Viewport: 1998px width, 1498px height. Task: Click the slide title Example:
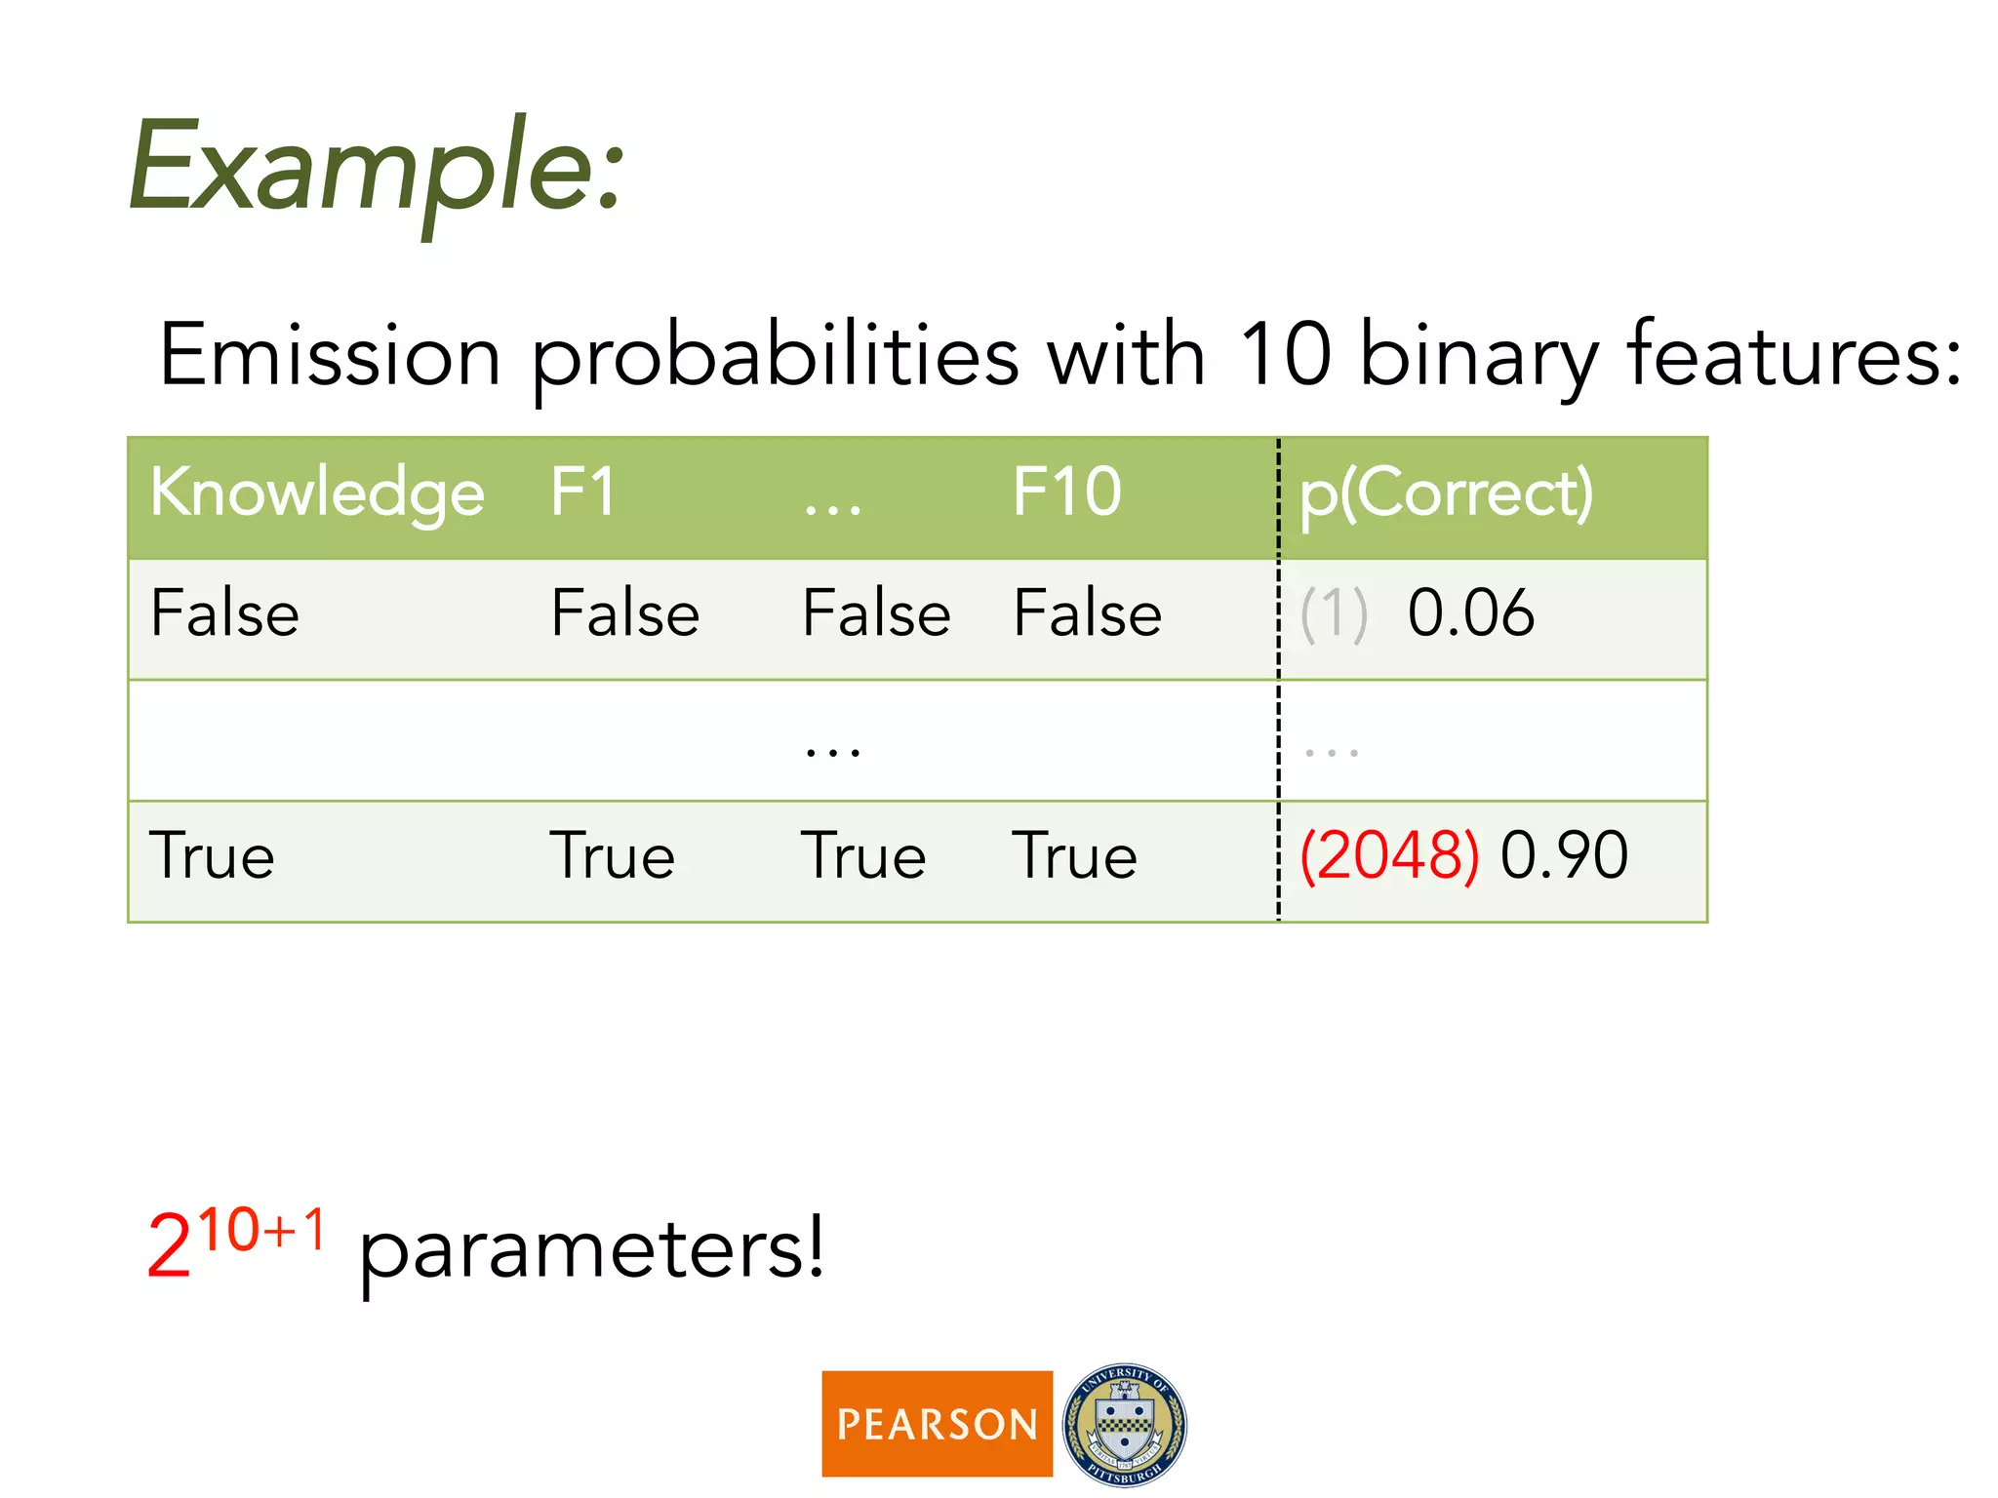click(376, 168)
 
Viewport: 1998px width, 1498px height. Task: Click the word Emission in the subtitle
click(330, 356)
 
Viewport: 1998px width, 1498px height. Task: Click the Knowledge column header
click(317, 493)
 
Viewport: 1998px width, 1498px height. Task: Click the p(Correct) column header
click(1446, 493)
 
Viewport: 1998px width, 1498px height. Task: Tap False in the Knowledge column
click(224, 613)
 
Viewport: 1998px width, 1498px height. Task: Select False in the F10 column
click(1087, 613)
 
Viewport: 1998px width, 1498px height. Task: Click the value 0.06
click(1470, 613)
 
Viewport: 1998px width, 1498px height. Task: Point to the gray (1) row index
click(1334, 615)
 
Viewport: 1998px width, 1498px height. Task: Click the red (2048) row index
click(1389, 855)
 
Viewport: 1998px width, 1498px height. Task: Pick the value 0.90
click(1564, 855)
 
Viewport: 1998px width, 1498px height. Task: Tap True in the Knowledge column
click(212, 856)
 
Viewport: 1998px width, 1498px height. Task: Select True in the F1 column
click(612, 856)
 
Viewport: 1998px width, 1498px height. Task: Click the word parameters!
click(591, 1251)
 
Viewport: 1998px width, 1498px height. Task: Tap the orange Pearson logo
click(937, 1424)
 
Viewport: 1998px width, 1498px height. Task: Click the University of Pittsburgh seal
click(1124, 1424)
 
